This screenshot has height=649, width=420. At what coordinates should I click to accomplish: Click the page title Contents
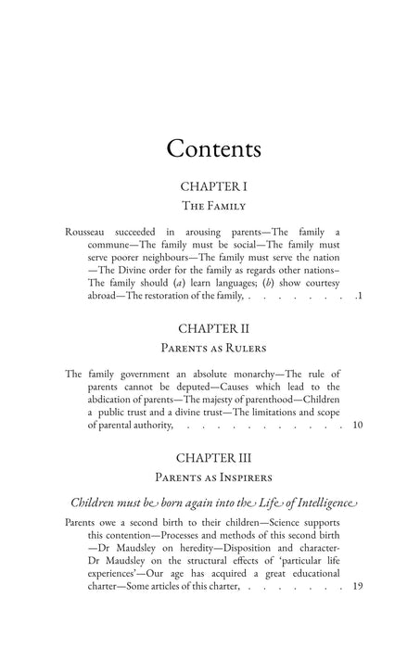[212, 148]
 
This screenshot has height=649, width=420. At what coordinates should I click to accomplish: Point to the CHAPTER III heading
[212, 457]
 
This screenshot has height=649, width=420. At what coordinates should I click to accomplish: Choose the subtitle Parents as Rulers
[212, 349]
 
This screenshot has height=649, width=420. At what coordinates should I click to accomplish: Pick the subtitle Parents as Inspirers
[212, 478]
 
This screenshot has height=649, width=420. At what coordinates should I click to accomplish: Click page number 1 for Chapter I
[360, 296]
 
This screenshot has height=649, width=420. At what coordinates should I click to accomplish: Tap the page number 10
[358, 426]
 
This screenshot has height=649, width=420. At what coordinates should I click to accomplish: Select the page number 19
[358, 612]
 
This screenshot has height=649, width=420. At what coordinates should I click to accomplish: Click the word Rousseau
[89, 230]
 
